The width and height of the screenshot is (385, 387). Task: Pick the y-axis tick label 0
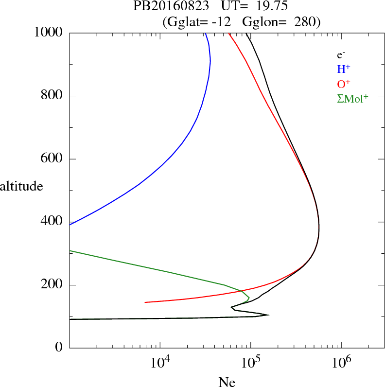tap(60, 348)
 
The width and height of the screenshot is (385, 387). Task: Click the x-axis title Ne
tap(227, 382)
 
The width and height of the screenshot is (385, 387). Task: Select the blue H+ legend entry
tap(344, 70)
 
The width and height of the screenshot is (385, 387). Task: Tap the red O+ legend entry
tap(344, 84)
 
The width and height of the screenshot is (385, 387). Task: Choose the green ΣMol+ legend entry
tap(352, 98)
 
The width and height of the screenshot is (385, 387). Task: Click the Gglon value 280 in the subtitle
tap(309, 22)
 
